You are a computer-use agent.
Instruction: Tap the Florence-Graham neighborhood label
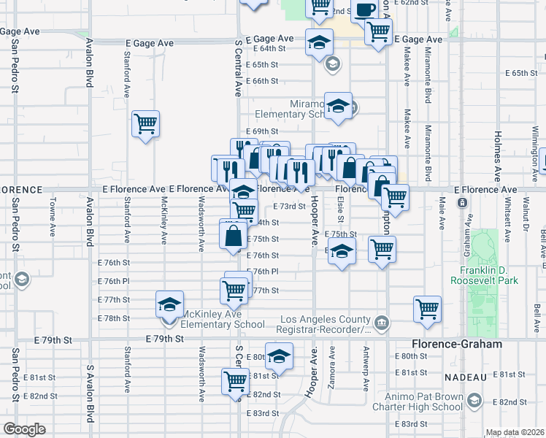[x=457, y=343]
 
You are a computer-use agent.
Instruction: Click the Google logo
[x=23, y=429]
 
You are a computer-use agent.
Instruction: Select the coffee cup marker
[x=365, y=9]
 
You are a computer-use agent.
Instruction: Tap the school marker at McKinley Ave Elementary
[x=169, y=304]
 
